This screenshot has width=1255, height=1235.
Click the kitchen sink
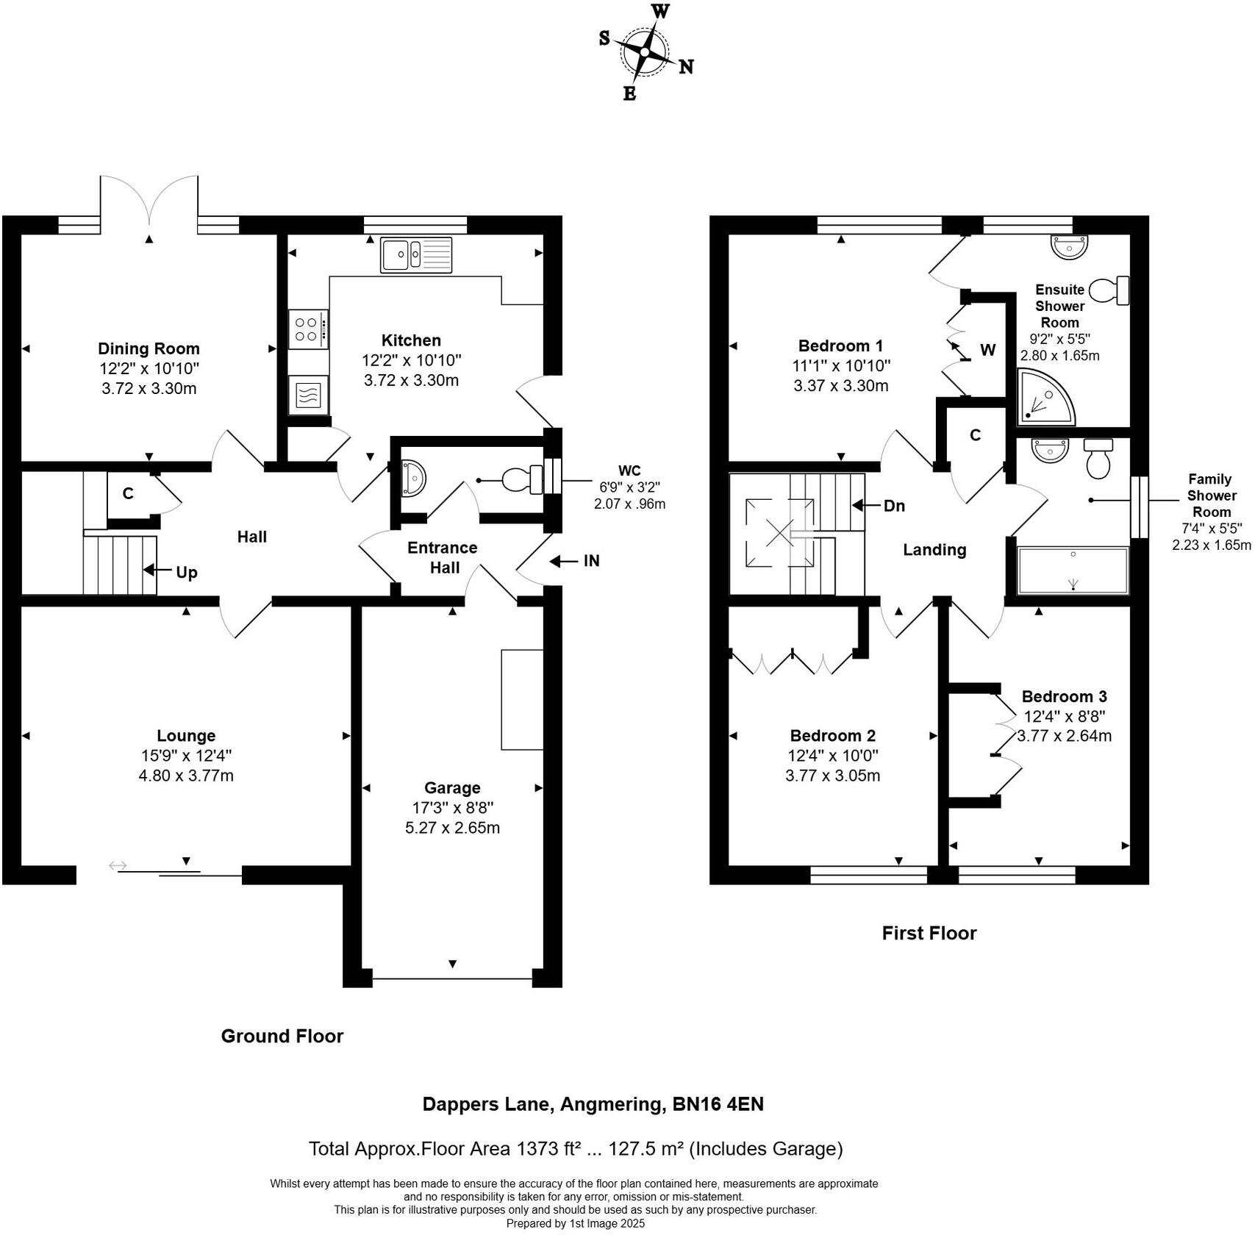pyautogui.click(x=416, y=255)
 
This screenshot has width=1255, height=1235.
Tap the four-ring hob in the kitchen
pyautogui.click(x=308, y=329)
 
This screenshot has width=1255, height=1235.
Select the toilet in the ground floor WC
pyautogui.click(x=523, y=481)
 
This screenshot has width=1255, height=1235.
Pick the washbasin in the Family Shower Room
pyautogui.click(x=1050, y=451)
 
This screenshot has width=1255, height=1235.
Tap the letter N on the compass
pyautogui.click(x=686, y=67)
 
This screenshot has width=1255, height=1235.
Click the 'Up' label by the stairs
pyautogui.click(x=187, y=573)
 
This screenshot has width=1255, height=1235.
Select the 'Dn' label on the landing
pyautogui.click(x=894, y=506)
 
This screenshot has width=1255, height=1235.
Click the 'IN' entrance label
pyautogui.click(x=592, y=561)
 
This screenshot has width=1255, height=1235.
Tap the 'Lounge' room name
pyautogui.click(x=186, y=736)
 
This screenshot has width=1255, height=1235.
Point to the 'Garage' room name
pyautogui.click(x=452, y=788)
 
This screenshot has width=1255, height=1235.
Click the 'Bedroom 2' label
pyautogui.click(x=833, y=736)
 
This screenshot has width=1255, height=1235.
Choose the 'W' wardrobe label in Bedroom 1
pyautogui.click(x=987, y=350)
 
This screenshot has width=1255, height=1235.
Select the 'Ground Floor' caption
pyautogui.click(x=282, y=1037)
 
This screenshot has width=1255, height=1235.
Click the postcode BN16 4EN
pyautogui.click(x=718, y=1104)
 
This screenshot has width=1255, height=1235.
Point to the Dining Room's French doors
pyautogui.click(x=149, y=200)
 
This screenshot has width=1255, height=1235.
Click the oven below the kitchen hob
pyautogui.click(x=309, y=395)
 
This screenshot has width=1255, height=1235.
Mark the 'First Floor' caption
pyautogui.click(x=929, y=934)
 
